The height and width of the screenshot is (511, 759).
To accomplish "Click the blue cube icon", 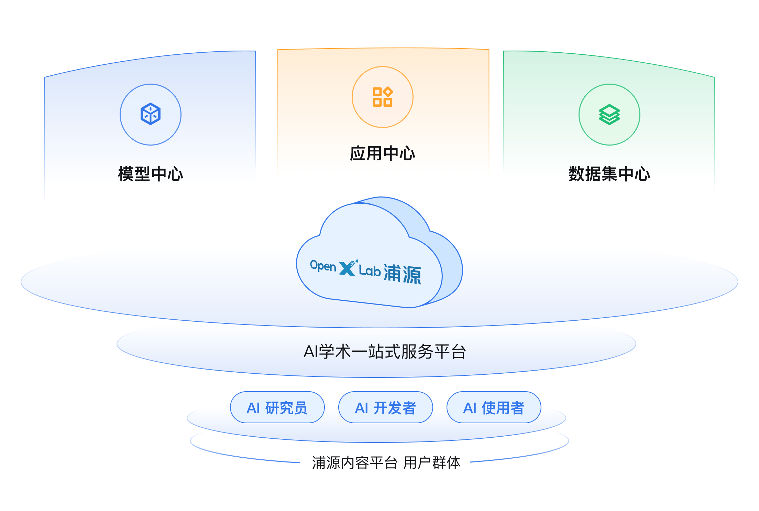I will (151, 114).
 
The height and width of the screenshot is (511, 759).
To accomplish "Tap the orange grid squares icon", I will (382, 97).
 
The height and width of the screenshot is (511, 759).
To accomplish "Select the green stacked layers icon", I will (609, 114).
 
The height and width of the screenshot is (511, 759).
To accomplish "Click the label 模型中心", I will (151, 174).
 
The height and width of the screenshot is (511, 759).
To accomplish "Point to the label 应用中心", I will (382, 153).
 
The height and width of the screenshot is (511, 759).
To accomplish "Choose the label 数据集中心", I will (609, 174).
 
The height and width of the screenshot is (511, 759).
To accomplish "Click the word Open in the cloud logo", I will (323, 266).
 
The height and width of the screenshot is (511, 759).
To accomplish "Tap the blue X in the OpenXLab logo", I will (347, 268).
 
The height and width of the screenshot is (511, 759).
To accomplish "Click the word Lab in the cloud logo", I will (370, 271).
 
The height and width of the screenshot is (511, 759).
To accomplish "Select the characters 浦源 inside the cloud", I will (402, 274).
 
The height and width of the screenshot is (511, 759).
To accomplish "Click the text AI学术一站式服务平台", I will (385, 352).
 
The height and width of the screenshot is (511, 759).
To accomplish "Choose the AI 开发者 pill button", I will (385, 408).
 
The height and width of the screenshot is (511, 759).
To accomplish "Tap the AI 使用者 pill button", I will (494, 408).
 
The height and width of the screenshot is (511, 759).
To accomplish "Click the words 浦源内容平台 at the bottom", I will (354, 463).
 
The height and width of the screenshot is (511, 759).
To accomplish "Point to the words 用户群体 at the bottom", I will (432, 463).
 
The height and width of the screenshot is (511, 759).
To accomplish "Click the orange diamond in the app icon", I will (388, 92).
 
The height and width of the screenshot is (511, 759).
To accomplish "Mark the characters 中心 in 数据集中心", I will (634, 174).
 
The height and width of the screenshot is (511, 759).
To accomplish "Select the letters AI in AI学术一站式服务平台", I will (311, 352).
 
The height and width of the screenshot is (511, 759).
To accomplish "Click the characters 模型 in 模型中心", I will (134, 174).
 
